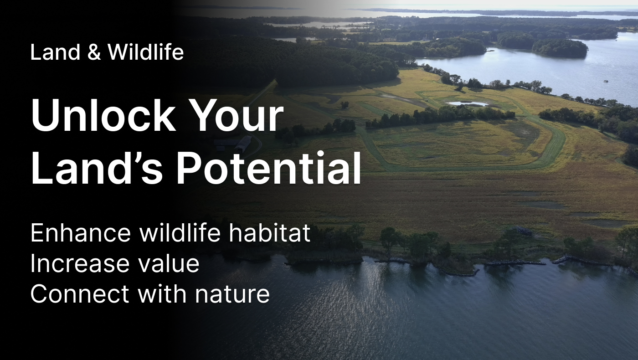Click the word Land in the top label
coord(55,52)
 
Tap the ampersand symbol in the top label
coord(94,52)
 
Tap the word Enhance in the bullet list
coord(81,233)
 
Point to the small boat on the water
coord(606,81)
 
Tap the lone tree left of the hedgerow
coord(345,105)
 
